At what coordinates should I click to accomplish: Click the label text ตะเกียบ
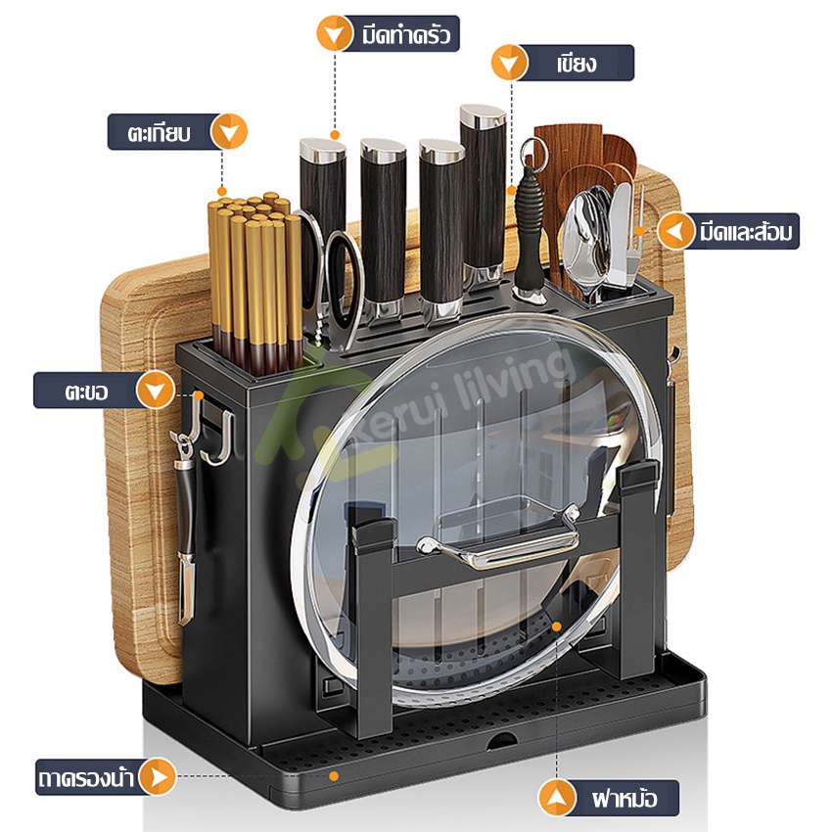pos(159,133)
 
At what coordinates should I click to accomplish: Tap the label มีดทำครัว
pos(406,34)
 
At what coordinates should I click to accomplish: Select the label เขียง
pos(577,64)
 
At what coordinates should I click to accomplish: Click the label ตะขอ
pos(86,392)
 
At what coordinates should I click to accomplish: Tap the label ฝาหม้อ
pos(624,798)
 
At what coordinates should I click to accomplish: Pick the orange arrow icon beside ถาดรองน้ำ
pos(158,777)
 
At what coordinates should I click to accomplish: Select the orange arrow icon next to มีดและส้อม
pos(676,231)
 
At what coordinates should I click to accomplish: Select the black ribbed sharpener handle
pos(529,228)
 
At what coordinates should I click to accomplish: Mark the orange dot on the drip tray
pos(334,776)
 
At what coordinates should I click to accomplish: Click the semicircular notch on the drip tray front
pos(502,741)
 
